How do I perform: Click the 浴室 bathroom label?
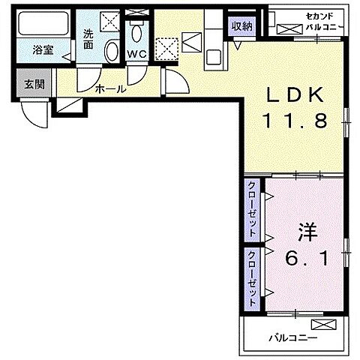point(43,51)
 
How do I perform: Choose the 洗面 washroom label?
point(88,37)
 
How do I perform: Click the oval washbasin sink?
point(112,52)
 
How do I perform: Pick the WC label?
point(136,54)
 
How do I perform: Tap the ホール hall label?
point(110,90)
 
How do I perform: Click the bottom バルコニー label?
point(293,338)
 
